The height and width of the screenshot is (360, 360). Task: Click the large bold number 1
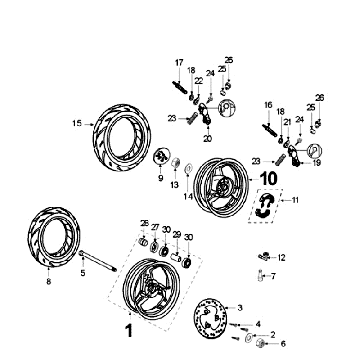(x=129, y=331)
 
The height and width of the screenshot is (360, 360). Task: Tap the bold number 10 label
(x=268, y=179)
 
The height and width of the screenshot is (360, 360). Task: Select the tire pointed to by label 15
(x=122, y=137)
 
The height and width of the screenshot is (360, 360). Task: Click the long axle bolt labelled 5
(x=98, y=262)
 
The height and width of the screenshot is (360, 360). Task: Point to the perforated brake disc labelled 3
(x=210, y=318)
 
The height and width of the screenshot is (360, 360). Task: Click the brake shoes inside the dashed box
(x=265, y=206)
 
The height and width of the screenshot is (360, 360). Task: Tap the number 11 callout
(x=295, y=200)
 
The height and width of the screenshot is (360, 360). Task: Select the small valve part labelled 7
(x=260, y=276)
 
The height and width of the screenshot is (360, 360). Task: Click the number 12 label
(x=282, y=258)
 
